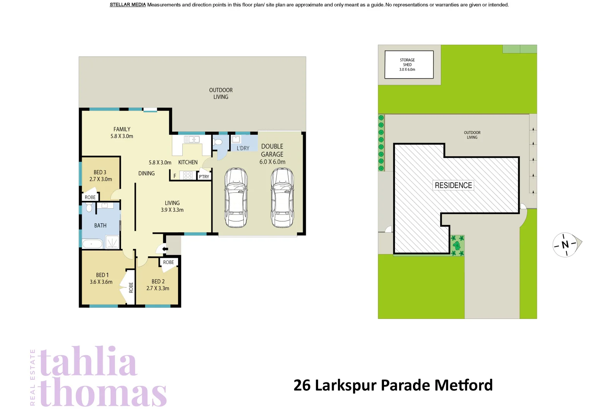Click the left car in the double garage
pyautogui.click(x=236, y=198)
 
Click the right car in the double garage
pyautogui.click(x=282, y=198)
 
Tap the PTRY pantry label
pyautogui.click(x=204, y=177)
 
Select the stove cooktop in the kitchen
pyautogui.click(x=188, y=175)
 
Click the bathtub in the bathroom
pyautogui.click(x=92, y=244)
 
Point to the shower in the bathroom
pyautogui.click(x=112, y=243)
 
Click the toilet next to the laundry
pyautogui.click(x=218, y=142)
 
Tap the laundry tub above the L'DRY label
pyautogui.click(x=236, y=139)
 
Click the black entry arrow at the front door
pyautogui.click(x=165, y=249)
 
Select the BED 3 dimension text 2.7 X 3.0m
pyautogui.click(x=101, y=179)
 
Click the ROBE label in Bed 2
pyautogui.click(x=168, y=262)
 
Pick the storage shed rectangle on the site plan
pyautogui.click(x=409, y=65)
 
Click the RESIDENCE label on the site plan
pyautogui.click(x=453, y=185)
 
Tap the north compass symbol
pyautogui.click(x=565, y=245)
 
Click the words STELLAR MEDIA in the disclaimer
pyautogui.click(x=128, y=5)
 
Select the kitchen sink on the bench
pyautogui.click(x=192, y=139)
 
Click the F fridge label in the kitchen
pyautogui.click(x=175, y=176)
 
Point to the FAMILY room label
pyautogui.click(x=122, y=129)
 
